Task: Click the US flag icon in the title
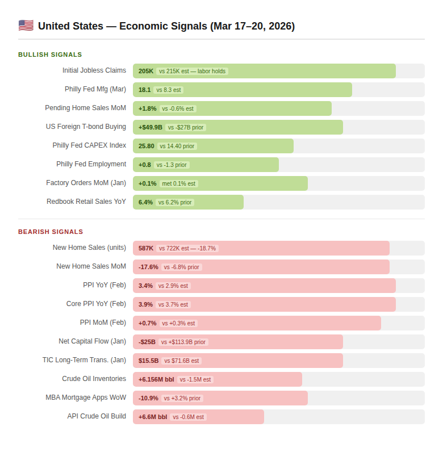pos(26,26)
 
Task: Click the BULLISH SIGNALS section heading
pos(50,55)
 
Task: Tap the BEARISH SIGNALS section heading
pos(51,232)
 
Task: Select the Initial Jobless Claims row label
pos(94,70)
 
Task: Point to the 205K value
pos(146,71)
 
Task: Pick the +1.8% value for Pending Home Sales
pos(148,108)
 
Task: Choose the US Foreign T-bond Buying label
pos(86,127)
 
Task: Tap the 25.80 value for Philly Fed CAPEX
pos(147,146)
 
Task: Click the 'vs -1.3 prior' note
pos(172,165)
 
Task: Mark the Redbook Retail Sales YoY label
pos(86,202)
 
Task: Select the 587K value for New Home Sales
pos(146,248)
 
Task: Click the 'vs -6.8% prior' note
pos(182,267)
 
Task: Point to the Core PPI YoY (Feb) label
pos(96,304)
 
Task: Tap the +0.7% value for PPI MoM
pos(148,323)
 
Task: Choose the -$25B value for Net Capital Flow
pos(147,342)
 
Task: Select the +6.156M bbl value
pos(156,379)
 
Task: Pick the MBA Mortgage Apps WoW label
pos(86,397)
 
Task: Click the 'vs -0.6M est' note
pos(188,417)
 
